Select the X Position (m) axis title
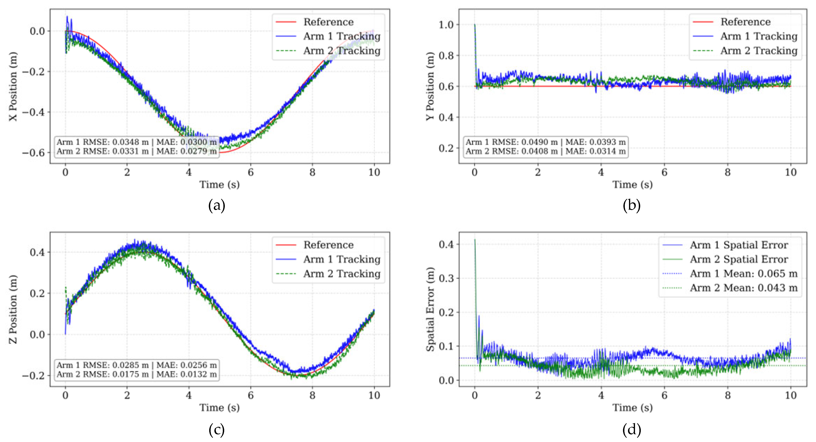point(13,86)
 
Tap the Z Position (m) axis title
point(13,309)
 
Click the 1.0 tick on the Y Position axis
point(446,25)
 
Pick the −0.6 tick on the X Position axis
point(34,153)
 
